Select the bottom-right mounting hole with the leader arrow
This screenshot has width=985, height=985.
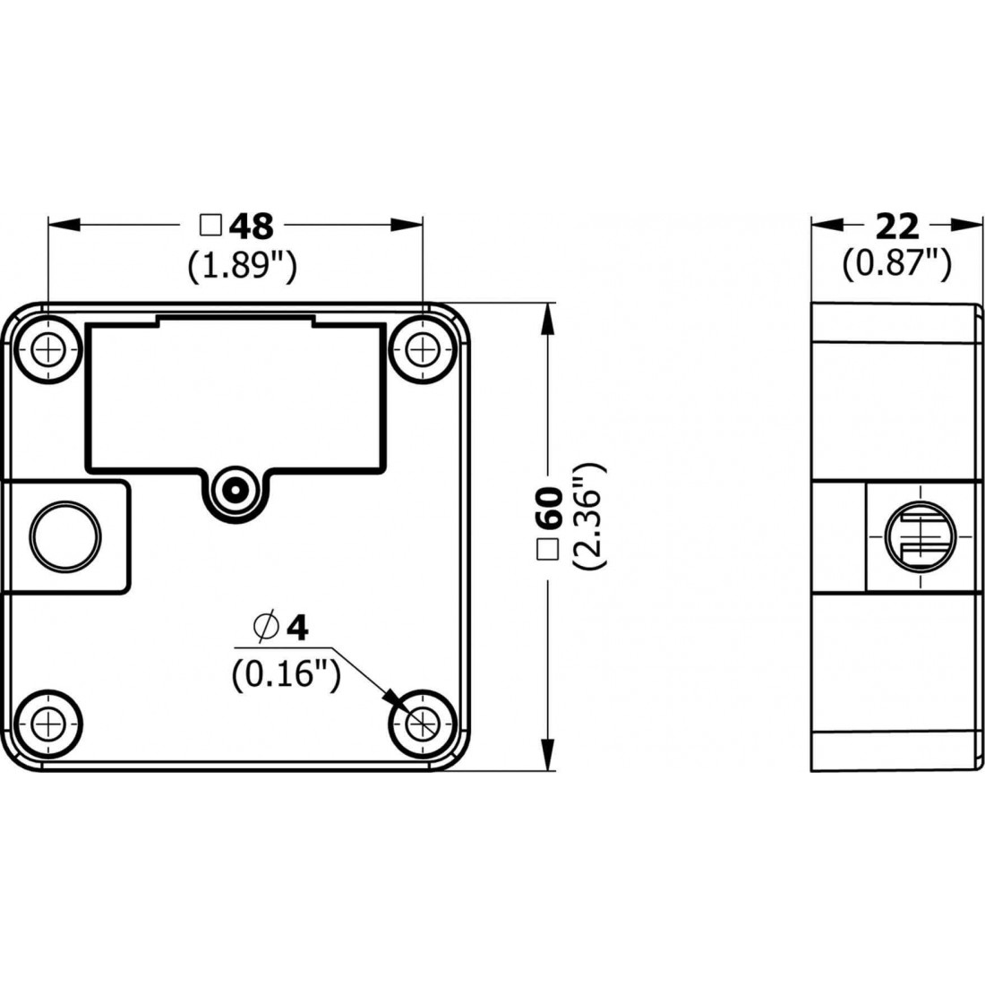point(421,721)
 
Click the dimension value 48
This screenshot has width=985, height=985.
point(252,227)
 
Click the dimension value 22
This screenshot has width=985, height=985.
point(896,227)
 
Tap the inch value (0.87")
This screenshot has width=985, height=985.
point(896,263)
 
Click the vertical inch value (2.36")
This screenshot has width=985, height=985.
point(591,517)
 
